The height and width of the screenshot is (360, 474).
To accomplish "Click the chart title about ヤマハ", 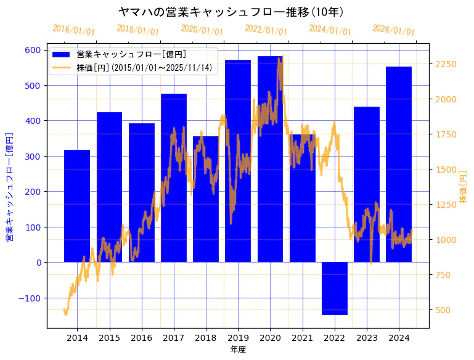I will point(231,12).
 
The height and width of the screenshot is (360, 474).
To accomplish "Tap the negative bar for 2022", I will point(335,288).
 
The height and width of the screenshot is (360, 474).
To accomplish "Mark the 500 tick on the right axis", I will point(443,310).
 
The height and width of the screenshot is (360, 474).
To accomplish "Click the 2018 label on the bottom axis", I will point(206,338).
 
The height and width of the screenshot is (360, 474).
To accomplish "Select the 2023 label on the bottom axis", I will point(367,338).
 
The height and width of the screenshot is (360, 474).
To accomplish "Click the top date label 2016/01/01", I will point(74,30).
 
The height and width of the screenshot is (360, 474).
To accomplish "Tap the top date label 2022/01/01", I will point(266,30).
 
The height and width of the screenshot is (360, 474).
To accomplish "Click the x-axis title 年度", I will point(238,350).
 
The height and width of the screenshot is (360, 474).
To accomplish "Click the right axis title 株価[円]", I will point(464,187).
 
